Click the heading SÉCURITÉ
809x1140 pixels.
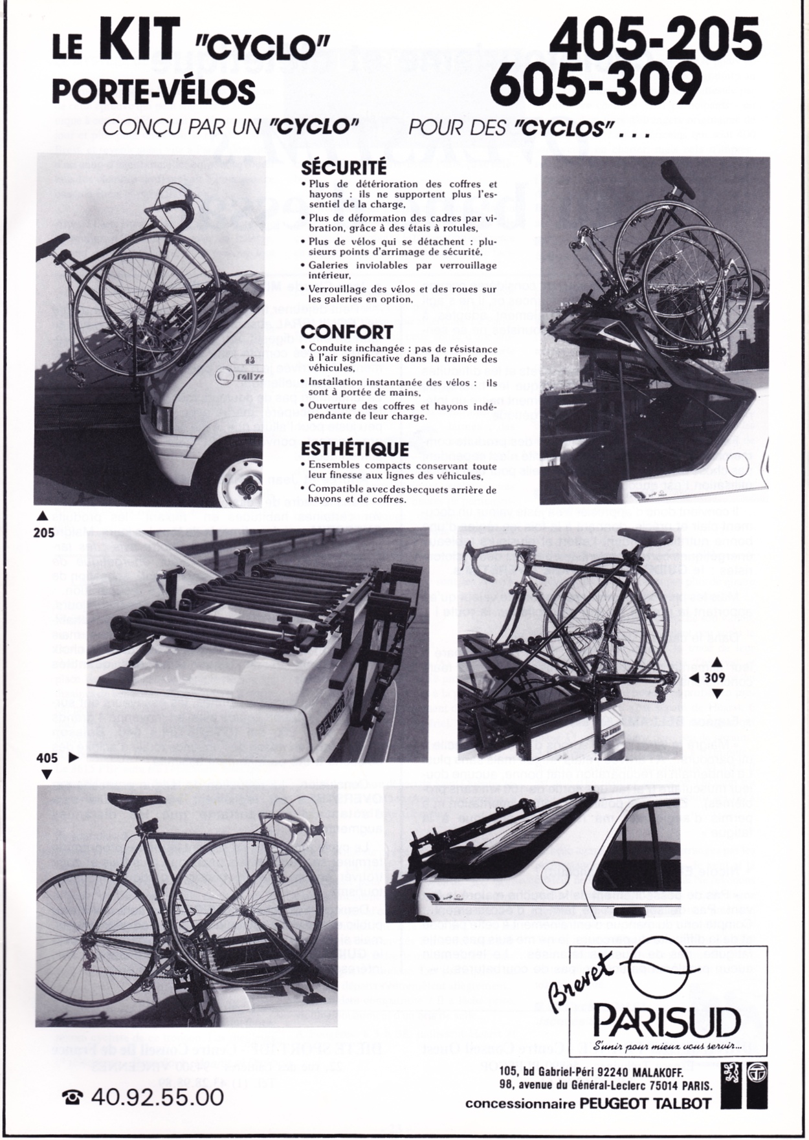pos(344,168)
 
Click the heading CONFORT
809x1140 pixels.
pos(347,332)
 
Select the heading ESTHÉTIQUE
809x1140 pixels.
pos(355,448)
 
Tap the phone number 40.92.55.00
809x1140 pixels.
pos(158,1097)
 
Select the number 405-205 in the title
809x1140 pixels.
pos(655,38)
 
